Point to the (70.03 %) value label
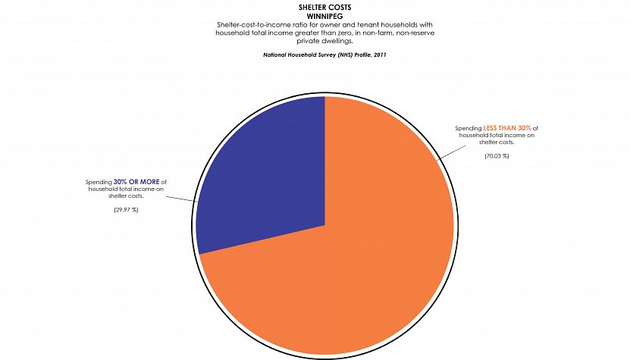point(497,155)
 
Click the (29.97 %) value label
point(125,208)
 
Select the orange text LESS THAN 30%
point(509,128)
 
